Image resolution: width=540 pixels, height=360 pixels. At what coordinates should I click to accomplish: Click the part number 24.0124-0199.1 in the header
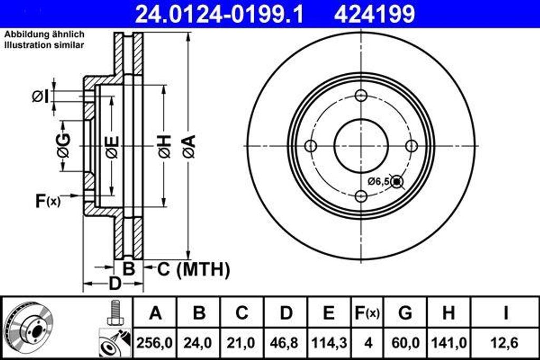pyautogui.click(x=219, y=14)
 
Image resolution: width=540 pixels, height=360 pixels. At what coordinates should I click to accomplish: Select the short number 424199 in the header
pyautogui.click(x=374, y=14)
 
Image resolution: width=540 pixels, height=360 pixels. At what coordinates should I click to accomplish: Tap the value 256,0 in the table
pyautogui.click(x=155, y=343)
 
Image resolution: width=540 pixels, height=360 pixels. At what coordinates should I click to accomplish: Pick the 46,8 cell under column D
pyautogui.click(x=285, y=343)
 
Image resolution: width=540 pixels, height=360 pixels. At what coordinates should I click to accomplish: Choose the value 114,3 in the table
pyautogui.click(x=329, y=343)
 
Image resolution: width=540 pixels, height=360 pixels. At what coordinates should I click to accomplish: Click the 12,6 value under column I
pyautogui.click(x=505, y=343)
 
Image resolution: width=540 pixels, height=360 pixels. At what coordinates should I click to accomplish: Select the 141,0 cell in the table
pyautogui.click(x=448, y=343)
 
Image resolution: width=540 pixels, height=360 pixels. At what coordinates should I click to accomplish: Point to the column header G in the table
pyautogui.click(x=404, y=313)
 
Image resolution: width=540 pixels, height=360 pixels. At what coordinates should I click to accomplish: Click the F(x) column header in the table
pyautogui.click(x=365, y=313)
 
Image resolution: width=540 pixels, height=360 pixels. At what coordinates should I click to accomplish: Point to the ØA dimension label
pyautogui.click(x=189, y=147)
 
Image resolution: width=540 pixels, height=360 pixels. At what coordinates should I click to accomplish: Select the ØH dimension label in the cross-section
pyautogui.click(x=164, y=147)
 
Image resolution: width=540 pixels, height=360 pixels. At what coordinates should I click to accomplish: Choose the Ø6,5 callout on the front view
pyautogui.click(x=379, y=181)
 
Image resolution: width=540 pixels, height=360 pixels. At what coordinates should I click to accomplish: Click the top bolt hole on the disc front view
pyautogui.click(x=361, y=95)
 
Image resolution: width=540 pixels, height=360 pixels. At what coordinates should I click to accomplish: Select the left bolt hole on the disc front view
pyautogui.click(x=311, y=145)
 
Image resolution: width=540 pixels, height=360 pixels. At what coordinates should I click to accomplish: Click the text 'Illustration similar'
pyautogui.click(x=44, y=45)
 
